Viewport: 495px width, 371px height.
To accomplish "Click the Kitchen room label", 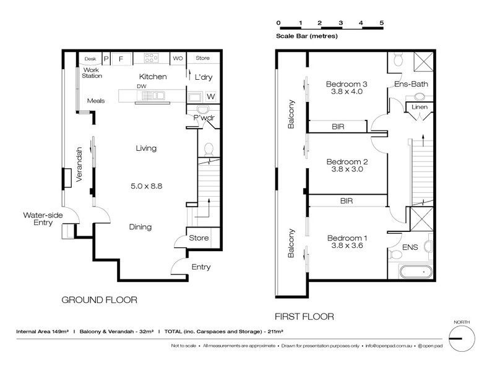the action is pyautogui.click(x=153, y=77).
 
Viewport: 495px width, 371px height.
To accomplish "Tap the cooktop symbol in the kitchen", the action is pyautogui.click(x=151, y=58).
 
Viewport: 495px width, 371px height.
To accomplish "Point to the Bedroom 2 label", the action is pyautogui.click(x=347, y=162).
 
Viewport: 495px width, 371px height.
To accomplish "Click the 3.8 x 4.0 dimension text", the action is pyautogui.click(x=346, y=92).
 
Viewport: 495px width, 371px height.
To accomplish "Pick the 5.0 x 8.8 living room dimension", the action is pyautogui.click(x=147, y=186).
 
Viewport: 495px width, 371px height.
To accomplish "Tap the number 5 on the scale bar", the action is pyautogui.click(x=382, y=23).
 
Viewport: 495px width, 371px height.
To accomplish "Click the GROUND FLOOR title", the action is pyautogui.click(x=100, y=300).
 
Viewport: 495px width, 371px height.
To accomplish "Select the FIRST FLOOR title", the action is pyautogui.click(x=304, y=317).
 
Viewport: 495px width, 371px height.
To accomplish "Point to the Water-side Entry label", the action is pyautogui.click(x=43, y=219).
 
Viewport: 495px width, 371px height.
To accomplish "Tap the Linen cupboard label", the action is pyautogui.click(x=420, y=107).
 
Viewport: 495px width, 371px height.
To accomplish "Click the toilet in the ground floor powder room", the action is pyautogui.click(x=209, y=149).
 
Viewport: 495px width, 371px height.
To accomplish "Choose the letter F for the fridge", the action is pyautogui.click(x=121, y=59).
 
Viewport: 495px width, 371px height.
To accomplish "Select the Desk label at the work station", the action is pyautogui.click(x=90, y=59).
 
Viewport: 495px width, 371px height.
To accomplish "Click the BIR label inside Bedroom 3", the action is pyautogui.click(x=338, y=127).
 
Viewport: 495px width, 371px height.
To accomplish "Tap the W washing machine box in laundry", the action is pyautogui.click(x=211, y=96).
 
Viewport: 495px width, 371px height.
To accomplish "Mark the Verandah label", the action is pyautogui.click(x=79, y=164).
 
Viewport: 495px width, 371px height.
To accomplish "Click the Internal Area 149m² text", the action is pyautogui.click(x=43, y=331).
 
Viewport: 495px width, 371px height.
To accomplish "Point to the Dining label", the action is pyautogui.click(x=140, y=227).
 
